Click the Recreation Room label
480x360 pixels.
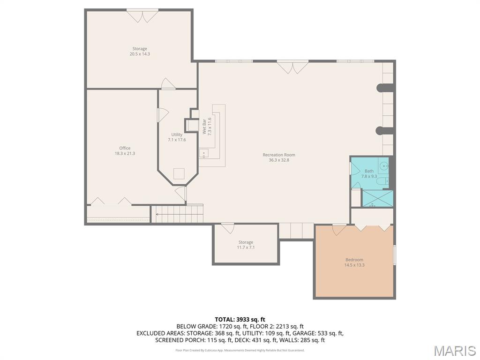coord(279,155)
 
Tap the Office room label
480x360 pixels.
coord(125,148)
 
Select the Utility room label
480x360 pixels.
coord(177,135)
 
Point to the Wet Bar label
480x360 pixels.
coord(204,126)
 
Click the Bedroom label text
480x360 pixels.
coord(354,260)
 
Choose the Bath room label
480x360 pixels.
coord(369,171)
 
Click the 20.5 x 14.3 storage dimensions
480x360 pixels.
coord(140,54)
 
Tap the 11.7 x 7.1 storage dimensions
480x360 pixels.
coord(246,247)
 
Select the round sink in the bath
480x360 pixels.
coord(383,166)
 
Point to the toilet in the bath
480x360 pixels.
coord(382,182)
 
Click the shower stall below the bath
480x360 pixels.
coord(377,198)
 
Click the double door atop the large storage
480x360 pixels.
coord(142,16)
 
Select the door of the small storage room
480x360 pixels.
coord(227,228)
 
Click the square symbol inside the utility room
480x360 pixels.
coord(179,173)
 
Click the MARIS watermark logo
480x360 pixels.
coord(455,350)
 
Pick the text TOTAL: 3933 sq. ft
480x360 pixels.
coord(240,320)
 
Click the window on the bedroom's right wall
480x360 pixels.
coord(395,255)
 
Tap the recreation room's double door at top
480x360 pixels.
coord(292,67)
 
